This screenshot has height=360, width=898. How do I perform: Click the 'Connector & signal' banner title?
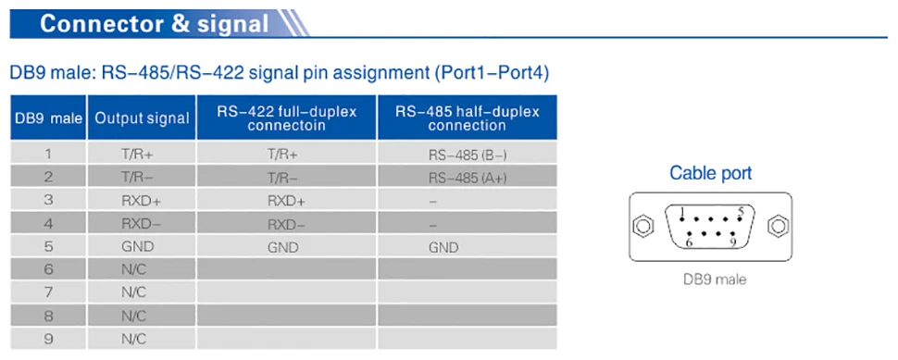click(x=154, y=23)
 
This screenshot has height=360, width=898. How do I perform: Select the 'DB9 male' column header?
click(x=49, y=118)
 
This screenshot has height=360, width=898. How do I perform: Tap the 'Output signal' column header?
click(x=142, y=118)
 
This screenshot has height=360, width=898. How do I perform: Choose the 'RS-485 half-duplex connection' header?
click(x=467, y=118)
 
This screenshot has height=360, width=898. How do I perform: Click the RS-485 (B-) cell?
click(x=468, y=155)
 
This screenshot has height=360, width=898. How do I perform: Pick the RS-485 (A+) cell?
click(x=468, y=178)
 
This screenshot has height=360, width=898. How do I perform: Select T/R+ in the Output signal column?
click(x=137, y=154)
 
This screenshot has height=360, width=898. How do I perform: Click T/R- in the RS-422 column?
click(x=282, y=178)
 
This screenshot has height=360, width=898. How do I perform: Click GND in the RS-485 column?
click(x=443, y=247)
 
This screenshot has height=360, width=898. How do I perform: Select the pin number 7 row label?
click(x=49, y=292)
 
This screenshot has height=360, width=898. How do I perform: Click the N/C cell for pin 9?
click(x=133, y=339)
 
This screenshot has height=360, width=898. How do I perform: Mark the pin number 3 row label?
click(x=49, y=201)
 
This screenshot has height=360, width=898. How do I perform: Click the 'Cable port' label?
click(x=710, y=173)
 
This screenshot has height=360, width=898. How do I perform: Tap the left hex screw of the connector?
click(x=642, y=227)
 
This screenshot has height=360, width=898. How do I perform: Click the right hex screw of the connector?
click(x=778, y=227)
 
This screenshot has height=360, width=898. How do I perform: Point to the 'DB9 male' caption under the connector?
click(x=715, y=279)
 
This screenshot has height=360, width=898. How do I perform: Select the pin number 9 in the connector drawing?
click(x=732, y=242)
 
